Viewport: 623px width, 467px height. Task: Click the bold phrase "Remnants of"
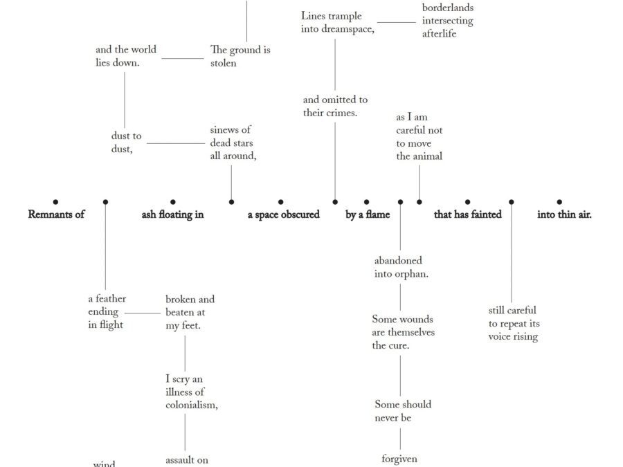(x=56, y=214)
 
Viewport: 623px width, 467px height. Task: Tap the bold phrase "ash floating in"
(x=172, y=214)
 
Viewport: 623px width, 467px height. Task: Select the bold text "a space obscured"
(x=284, y=214)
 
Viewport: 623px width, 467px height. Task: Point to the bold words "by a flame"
(x=368, y=214)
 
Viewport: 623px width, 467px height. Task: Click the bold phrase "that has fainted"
(x=468, y=214)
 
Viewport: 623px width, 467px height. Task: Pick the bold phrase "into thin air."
(x=564, y=214)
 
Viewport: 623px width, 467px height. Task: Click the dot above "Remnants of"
(x=56, y=202)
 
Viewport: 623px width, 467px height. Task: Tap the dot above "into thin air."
(x=559, y=202)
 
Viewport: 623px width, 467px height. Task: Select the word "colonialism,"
(x=192, y=405)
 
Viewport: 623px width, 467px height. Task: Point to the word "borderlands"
(x=448, y=8)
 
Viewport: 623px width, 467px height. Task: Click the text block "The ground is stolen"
(x=240, y=56)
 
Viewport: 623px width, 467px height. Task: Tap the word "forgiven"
(x=399, y=459)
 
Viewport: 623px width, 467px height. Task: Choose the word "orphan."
(x=412, y=274)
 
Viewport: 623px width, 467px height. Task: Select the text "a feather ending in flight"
(x=107, y=311)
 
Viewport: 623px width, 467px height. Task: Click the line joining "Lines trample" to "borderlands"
(x=397, y=22)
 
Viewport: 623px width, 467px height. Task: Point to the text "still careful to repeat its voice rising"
(x=514, y=324)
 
